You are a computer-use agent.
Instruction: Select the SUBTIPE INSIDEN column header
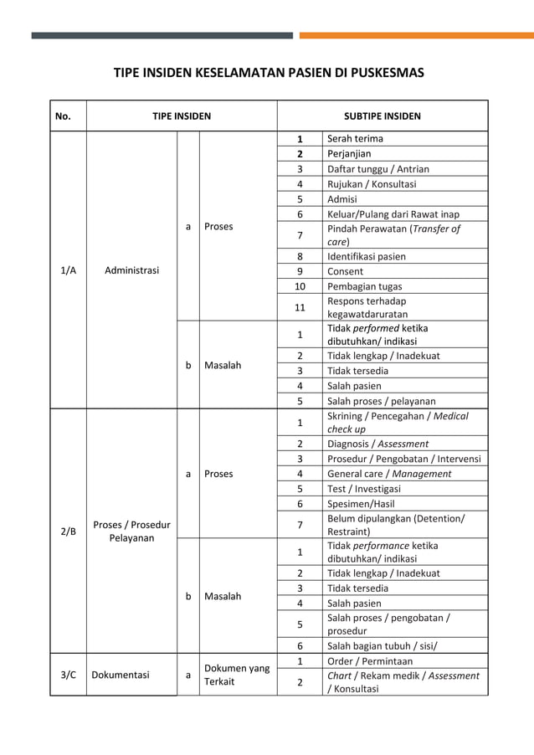pos(383,116)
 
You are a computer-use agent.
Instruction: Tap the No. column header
pos(63,116)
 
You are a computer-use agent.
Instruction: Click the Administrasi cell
pos(132,270)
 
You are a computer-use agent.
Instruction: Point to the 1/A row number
pos(68,270)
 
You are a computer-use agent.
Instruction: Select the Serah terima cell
pos(355,139)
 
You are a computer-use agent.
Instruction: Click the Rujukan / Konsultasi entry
pos(372,184)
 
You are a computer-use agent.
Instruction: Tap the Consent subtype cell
pos(345,271)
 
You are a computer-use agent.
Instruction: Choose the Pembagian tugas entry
pos(364,286)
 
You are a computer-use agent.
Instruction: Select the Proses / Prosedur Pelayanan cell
pos(131,531)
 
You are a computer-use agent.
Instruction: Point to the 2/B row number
pos(68,531)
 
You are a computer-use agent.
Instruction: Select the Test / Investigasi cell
pos(364,489)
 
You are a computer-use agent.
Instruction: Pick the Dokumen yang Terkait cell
pos(237,675)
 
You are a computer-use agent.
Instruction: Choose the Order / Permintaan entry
pos(369,661)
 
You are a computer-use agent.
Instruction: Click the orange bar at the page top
pos(416,35)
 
